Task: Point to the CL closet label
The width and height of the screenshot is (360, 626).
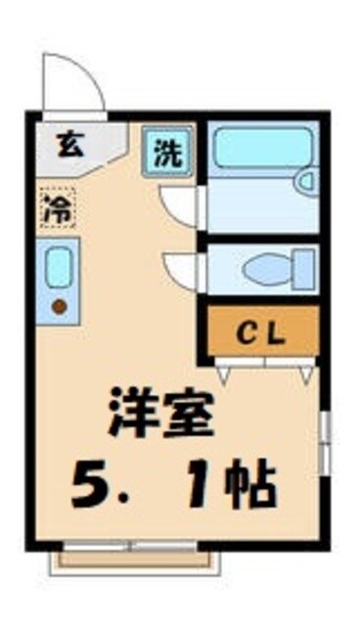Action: [261, 335]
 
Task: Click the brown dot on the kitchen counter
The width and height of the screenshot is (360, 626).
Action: [58, 306]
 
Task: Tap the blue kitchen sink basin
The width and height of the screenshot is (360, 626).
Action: [59, 268]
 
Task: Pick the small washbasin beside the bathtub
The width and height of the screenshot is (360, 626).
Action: [306, 182]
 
